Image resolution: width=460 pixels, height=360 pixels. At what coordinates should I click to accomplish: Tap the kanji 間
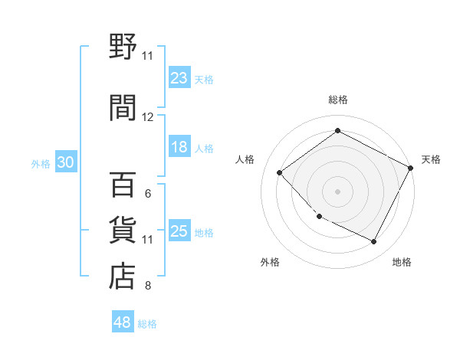tap(123, 106)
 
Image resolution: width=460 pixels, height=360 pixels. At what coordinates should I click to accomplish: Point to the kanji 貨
tap(123, 231)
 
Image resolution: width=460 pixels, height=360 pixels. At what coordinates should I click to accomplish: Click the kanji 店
tap(123, 277)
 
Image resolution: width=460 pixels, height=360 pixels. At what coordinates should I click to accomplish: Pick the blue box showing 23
tap(179, 78)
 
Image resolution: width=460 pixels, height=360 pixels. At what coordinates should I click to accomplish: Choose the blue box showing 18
tap(179, 148)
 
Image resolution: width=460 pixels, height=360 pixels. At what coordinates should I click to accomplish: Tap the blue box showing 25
tap(179, 231)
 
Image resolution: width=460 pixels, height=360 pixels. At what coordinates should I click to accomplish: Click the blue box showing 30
tap(65, 162)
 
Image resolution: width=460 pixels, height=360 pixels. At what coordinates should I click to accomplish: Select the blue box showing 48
tap(123, 322)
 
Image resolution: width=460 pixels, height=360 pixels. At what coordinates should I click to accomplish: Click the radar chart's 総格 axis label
tap(337, 100)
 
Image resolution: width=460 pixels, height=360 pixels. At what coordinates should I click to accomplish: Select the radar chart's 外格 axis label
tap(270, 262)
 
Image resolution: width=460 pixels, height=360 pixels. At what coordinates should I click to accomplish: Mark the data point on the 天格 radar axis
tap(411, 169)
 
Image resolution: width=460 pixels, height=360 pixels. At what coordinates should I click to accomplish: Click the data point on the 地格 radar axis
tap(374, 242)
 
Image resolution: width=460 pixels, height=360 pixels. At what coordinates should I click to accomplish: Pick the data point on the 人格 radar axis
tap(280, 172)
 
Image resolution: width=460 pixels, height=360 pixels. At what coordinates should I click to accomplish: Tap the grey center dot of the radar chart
tap(337, 191)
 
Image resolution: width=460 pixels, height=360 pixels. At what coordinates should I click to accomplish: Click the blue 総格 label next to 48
tap(147, 324)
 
